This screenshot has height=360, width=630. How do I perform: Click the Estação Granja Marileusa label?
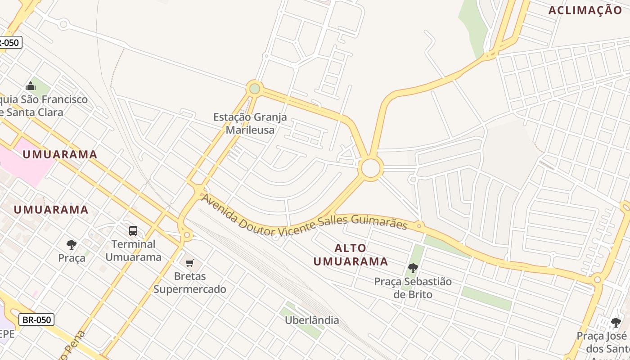point(250,124)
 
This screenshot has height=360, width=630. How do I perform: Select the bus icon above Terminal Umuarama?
point(133,231)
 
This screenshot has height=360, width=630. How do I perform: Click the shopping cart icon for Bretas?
point(190,263)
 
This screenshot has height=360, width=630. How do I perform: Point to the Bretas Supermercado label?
point(189,283)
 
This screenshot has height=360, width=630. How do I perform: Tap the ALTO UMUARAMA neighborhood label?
point(351,255)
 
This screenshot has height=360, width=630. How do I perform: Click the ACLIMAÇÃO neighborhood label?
point(585,10)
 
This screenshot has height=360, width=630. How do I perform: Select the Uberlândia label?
point(312,320)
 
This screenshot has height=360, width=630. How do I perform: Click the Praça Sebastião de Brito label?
point(413,288)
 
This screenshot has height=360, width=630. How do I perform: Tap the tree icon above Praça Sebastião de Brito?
point(413,269)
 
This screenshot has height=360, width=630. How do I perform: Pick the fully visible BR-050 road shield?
point(36,319)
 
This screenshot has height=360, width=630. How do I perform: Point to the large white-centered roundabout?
point(371,168)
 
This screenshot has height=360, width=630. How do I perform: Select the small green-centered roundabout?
point(255,88)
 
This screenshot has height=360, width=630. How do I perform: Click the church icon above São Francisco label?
point(31,85)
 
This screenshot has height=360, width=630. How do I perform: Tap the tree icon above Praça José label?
point(616,322)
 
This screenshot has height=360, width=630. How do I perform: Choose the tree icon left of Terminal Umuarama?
point(71,245)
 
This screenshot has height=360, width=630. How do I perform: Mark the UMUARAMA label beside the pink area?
point(60,154)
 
